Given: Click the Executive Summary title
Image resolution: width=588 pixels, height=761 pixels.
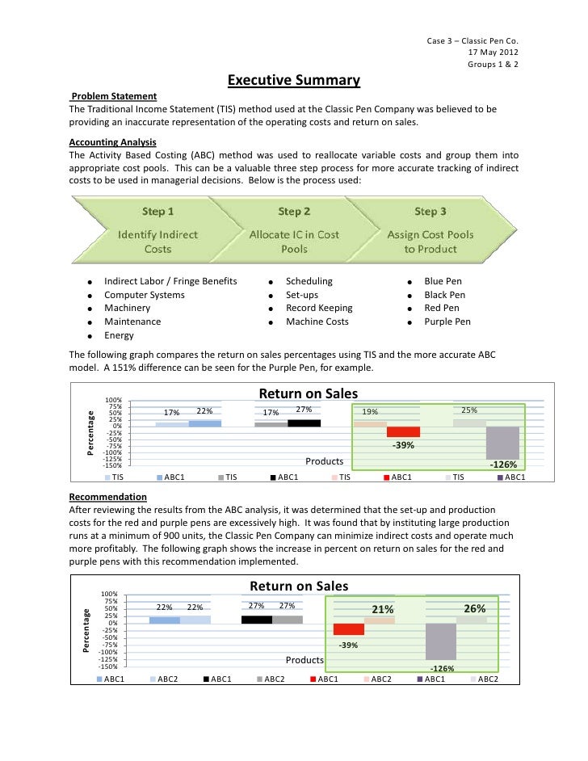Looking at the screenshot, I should pos(293,81).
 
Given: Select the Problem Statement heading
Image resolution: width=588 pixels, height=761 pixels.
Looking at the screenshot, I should pos(112,96).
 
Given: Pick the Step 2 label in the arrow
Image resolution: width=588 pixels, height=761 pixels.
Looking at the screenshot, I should pos(294,212).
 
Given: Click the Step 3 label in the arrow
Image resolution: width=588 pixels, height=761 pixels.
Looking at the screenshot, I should pos(430,212).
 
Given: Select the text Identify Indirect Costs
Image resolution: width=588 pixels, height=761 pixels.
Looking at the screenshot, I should pos(157,242).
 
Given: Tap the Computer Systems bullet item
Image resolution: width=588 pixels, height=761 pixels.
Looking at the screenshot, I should pos(145,295).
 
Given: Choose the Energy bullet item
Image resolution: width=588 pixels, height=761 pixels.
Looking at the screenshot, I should pos(120,335).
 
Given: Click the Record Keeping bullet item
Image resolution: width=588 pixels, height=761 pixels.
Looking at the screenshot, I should pos(319,308).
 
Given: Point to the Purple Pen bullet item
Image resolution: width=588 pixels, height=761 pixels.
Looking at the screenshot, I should pos(447,322).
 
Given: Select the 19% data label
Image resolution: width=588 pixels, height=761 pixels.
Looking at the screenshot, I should pos(370,411).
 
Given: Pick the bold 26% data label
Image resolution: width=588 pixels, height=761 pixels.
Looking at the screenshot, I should pos(475,608).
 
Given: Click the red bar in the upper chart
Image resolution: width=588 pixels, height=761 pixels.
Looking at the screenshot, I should pos(403,431).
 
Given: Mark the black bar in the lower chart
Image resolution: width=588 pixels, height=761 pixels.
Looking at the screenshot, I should pos(257,620).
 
